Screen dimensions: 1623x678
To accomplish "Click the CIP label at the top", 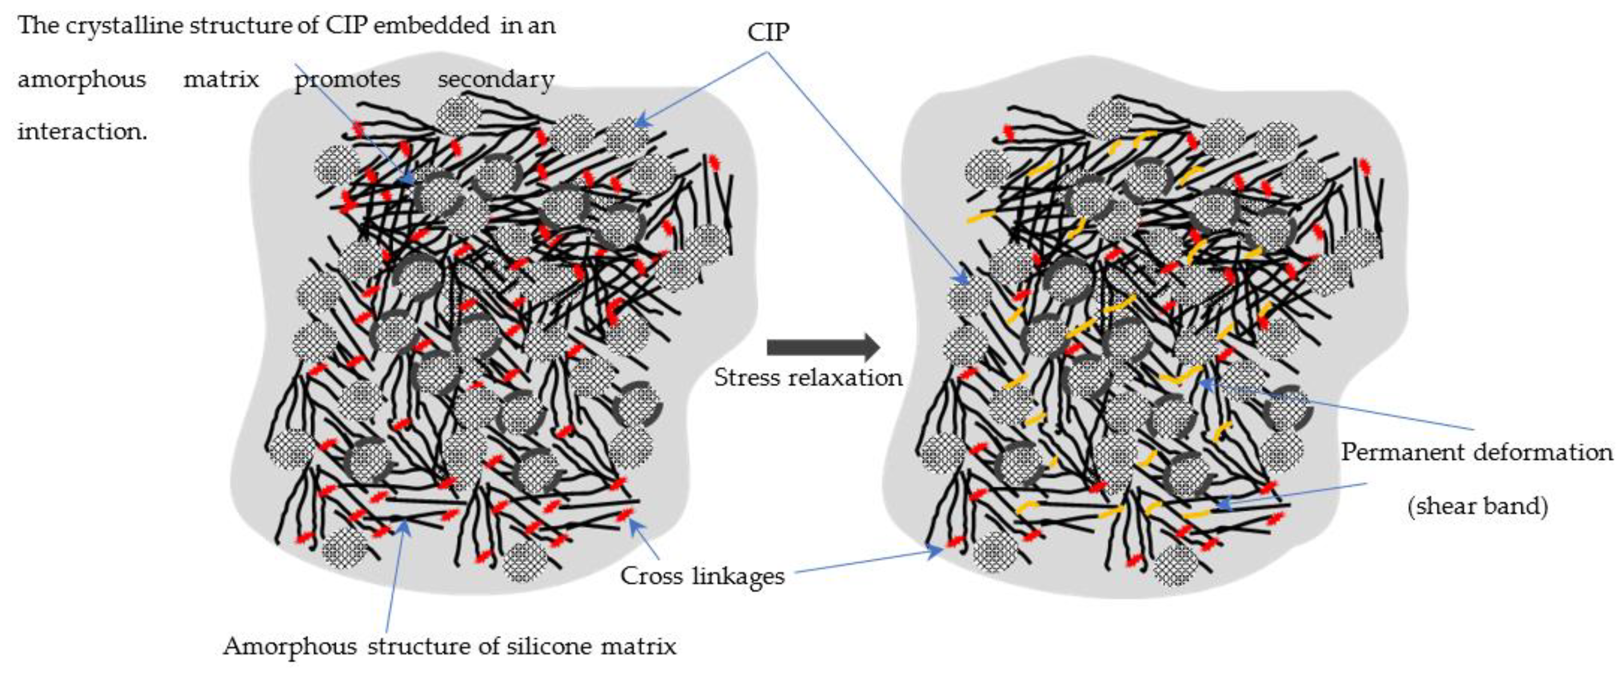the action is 768,32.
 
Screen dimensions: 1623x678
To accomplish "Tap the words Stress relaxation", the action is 808,378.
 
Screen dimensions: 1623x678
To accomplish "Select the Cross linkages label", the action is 702,576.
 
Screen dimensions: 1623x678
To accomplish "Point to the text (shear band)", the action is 1477,505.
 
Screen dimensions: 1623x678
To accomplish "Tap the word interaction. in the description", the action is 82,131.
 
